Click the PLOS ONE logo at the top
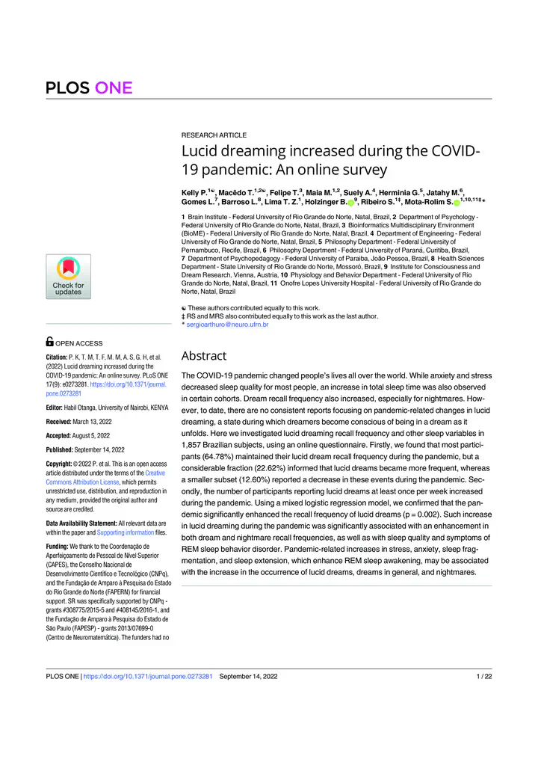tap(90, 88)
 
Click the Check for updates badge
tap(68, 277)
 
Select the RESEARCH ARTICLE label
tap(214, 135)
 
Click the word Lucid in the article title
tap(200, 152)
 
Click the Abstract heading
tap(204, 356)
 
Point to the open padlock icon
tap(50, 342)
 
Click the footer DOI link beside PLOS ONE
tap(149, 677)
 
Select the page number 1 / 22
tap(483, 677)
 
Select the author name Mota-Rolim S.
tap(427, 203)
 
